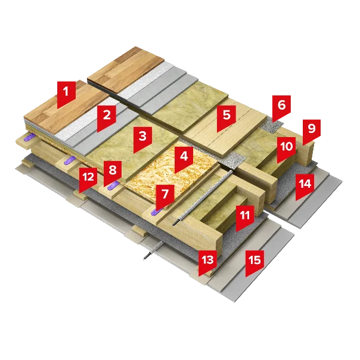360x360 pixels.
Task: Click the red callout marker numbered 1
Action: tap(66, 94)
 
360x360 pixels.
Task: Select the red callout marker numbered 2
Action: tap(107, 117)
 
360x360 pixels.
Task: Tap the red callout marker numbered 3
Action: tap(142, 138)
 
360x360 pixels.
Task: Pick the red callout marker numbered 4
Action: tap(184, 159)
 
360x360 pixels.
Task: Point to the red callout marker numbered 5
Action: tap(226, 117)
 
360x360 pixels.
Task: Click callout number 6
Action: tap(281, 107)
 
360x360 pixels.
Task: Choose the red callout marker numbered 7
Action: tap(165, 197)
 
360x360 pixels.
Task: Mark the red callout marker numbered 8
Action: tap(113, 173)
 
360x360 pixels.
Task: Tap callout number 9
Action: tap(311, 131)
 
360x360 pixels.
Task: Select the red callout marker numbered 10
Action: tap(286, 149)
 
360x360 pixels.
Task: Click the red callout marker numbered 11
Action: tap(245, 218)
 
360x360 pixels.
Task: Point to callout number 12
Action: tap(88, 179)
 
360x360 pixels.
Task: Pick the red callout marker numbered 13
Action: tap(207, 262)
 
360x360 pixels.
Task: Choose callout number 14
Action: tap(305, 186)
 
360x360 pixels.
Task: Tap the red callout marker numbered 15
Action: tap(255, 262)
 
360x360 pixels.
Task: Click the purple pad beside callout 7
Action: tap(156, 212)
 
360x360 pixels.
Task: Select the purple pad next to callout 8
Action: tap(114, 185)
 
